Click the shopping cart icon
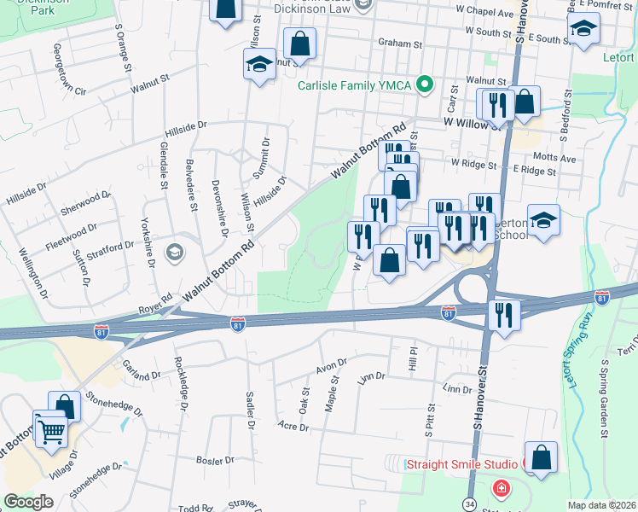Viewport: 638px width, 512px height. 51,429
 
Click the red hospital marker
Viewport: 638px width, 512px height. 502,490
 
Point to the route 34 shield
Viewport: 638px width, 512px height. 469,503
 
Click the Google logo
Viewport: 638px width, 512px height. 28,502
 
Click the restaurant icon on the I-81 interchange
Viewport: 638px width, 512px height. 504,315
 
